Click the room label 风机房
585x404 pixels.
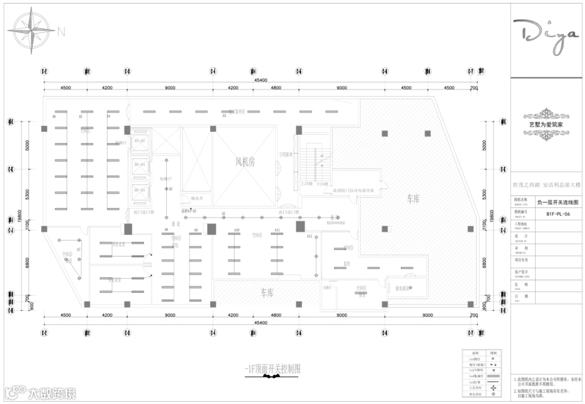(245, 161)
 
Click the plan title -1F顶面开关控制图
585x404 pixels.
(272, 369)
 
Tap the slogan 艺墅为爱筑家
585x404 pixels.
(547, 124)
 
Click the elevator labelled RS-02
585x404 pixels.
(140, 141)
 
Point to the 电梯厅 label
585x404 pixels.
(166, 178)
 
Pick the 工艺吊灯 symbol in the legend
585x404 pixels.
(492, 388)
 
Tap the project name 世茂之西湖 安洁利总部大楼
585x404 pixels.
(547, 185)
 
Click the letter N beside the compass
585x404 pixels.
(61, 32)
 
